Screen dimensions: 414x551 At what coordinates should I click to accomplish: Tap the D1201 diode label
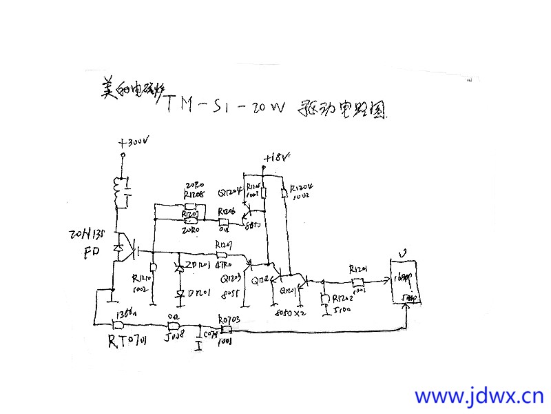pyautogui.click(x=199, y=293)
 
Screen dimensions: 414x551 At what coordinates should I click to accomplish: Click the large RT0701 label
pyautogui.click(x=129, y=340)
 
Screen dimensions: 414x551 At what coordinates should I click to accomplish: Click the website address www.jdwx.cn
pyautogui.click(x=479, y=396)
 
